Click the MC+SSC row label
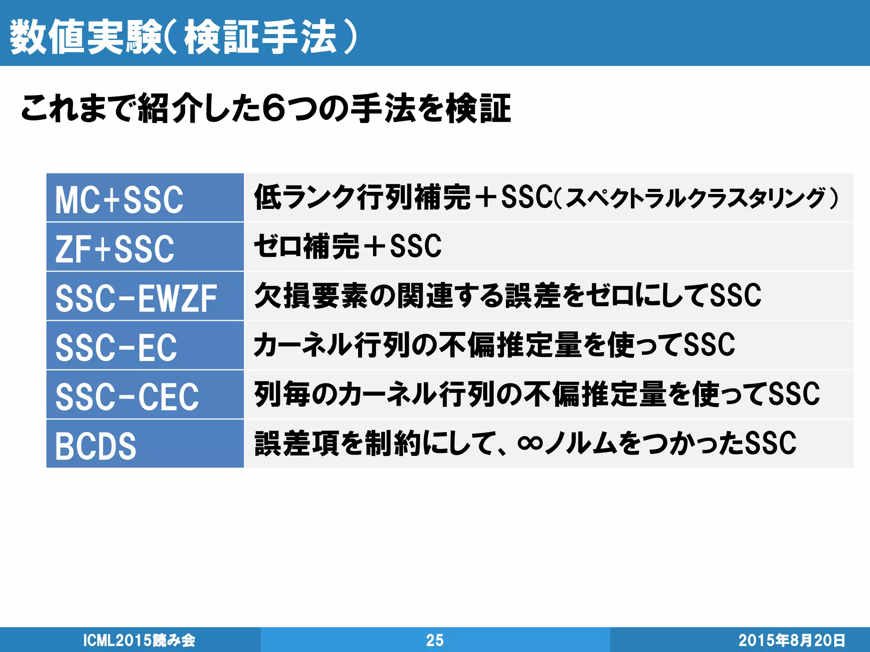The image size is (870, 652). coord(119,200)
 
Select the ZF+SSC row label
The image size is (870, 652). coord(115,249)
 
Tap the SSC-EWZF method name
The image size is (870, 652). coord(136,298)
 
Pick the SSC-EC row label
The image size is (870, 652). coord(116,347)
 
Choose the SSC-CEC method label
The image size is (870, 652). coord(127,396)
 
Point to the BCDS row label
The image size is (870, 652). coord(96,446)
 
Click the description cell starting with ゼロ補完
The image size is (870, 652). coord(347,246)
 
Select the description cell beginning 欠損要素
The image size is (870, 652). coord(507,295)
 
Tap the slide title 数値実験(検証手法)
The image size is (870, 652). coord(183,37)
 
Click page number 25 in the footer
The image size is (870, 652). coord(435,640)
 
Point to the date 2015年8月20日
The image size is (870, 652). coord(791,640)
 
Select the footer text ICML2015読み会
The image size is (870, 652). coord(139,640)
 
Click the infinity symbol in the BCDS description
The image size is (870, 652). coord(530,444)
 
